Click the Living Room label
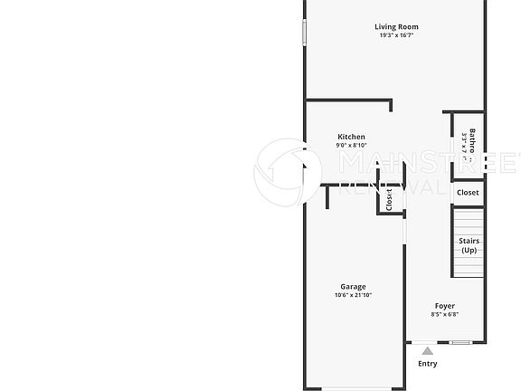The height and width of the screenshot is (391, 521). [396, 27]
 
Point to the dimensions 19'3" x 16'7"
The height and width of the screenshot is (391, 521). [396, 36]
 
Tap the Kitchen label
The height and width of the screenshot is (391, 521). [351, 137]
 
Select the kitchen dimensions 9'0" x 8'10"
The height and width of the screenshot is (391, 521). [351, 146]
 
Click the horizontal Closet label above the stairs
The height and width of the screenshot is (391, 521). [468, 193]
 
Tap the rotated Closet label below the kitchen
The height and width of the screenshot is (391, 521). [388, 200]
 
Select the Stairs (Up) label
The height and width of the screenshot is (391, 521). [469, 245]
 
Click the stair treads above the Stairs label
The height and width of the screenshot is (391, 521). [469, 222]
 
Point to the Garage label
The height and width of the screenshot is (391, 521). [353, 287]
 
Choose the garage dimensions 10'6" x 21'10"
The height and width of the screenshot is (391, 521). [353, 296]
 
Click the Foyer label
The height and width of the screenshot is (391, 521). [444, 306]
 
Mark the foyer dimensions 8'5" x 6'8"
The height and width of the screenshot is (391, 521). [444, 315]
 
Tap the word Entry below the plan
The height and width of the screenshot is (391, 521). [427, 364]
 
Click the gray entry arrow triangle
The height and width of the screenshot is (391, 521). [427, 350]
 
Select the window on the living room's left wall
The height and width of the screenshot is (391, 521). [304, 32]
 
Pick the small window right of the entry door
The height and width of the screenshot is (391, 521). [461, 342]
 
